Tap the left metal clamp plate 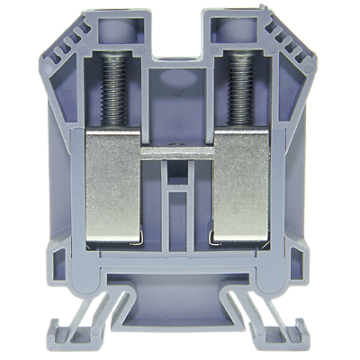pos(112,184)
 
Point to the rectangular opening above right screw pos(241,30)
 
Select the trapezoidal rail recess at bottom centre pos(179,310)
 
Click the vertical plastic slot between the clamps pos(181,202)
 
